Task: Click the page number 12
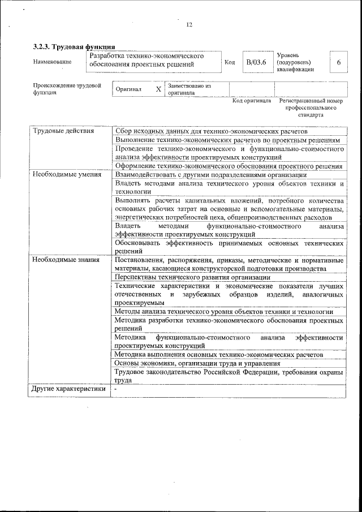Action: pos(189,24)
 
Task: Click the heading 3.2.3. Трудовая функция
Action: pos(74,46)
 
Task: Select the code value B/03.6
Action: pos(256,62)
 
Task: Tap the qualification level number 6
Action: pos(338,62)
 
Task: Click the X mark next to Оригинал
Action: pos(158,89)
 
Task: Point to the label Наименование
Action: pos(53,62)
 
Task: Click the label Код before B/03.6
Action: pos(230,62)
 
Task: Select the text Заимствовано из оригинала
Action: pos(189,89)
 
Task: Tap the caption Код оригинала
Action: pos(252,101)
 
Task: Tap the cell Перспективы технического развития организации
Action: pos(192,277)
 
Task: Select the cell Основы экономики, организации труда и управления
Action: pos(197,363)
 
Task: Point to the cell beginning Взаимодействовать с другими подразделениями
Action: pos(210,174)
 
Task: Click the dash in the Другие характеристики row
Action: pos(115,389)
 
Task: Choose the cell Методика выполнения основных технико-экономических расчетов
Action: pos(218,355)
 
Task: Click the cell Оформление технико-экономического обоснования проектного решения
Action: pos(228,166)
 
